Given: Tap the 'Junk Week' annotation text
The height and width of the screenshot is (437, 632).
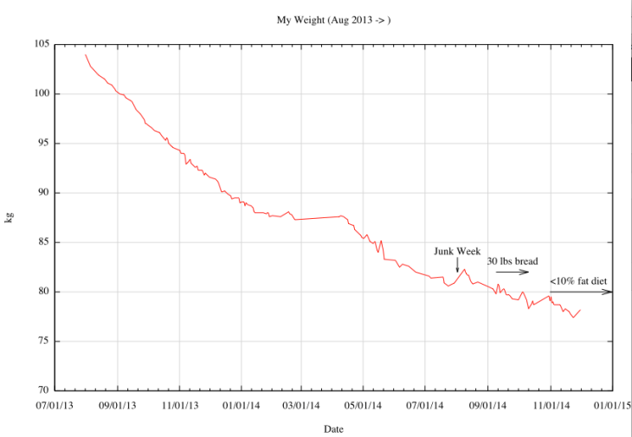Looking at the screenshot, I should [457, 251].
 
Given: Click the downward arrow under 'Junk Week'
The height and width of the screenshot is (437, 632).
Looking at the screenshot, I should [457, 265].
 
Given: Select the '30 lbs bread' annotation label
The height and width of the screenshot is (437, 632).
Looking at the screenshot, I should [512, 261].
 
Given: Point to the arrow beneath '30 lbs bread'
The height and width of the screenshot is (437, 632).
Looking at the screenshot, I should [512, 273].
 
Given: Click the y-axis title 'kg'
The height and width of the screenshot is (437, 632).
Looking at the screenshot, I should [10, 217].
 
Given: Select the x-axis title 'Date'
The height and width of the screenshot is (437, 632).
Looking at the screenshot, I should [333, 428].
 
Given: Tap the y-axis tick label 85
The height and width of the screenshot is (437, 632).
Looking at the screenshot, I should [42, 242].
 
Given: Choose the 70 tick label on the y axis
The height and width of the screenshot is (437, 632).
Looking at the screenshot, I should [42, 390].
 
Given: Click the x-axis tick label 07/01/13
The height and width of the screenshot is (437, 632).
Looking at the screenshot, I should [55, 403].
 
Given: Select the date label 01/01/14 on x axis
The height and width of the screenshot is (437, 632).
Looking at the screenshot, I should [242, 403].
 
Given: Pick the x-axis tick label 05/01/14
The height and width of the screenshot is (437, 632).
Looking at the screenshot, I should [364, 403].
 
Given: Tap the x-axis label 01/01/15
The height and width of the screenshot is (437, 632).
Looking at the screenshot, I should [612, 403].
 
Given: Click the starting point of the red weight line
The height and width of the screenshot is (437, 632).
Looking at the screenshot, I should [85, 55].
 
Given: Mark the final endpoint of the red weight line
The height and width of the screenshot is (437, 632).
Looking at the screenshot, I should [580, 310].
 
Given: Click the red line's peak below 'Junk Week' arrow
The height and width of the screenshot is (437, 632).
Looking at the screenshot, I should [464, 269].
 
